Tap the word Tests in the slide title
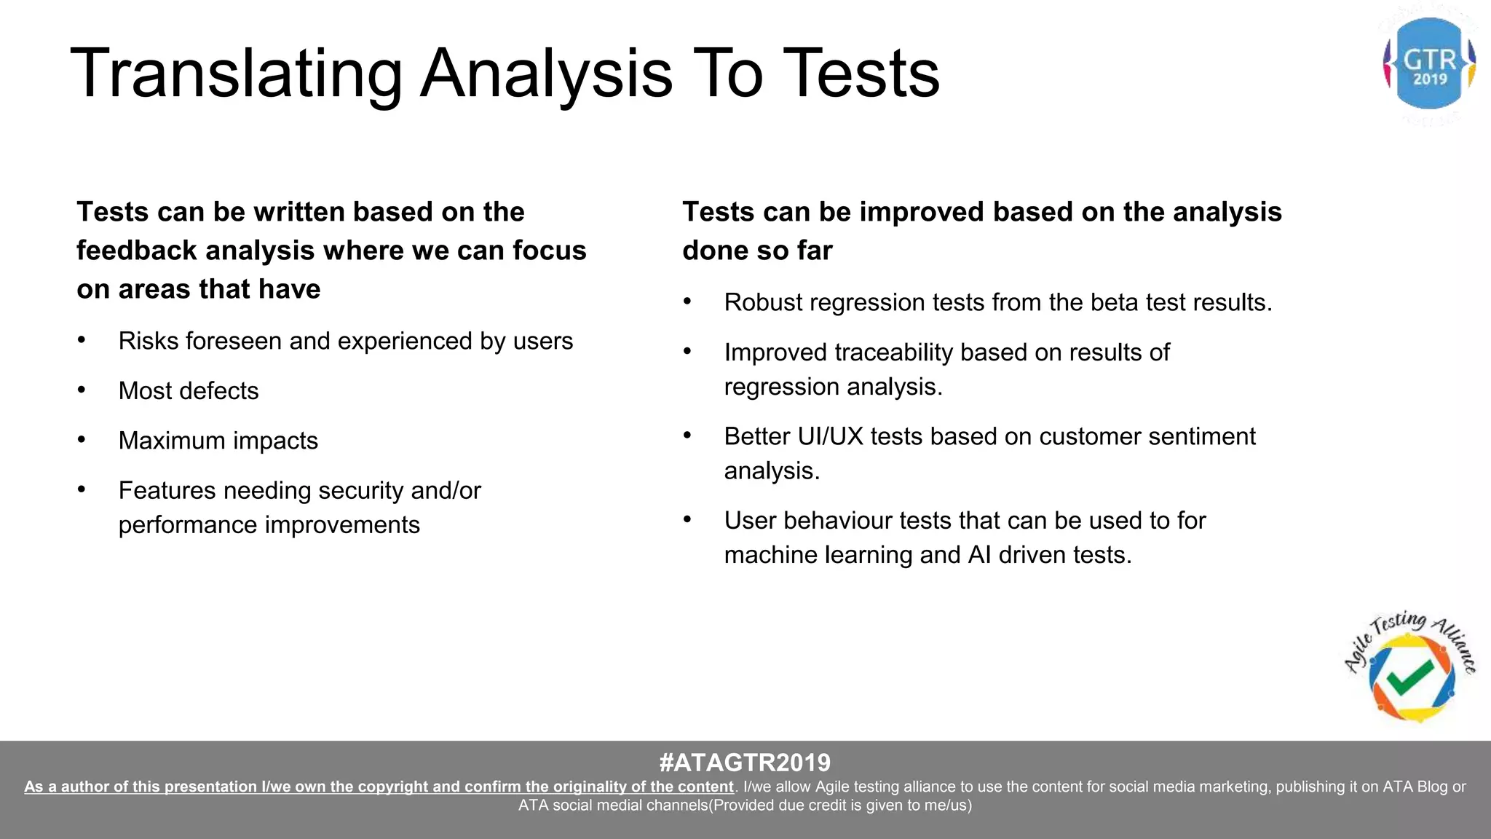point(864,74)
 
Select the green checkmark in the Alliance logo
point(1410,677)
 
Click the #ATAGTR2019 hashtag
point(745,763)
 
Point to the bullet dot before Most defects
point(82,391)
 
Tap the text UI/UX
point(830,436)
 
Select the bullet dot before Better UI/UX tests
point(687,436)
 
